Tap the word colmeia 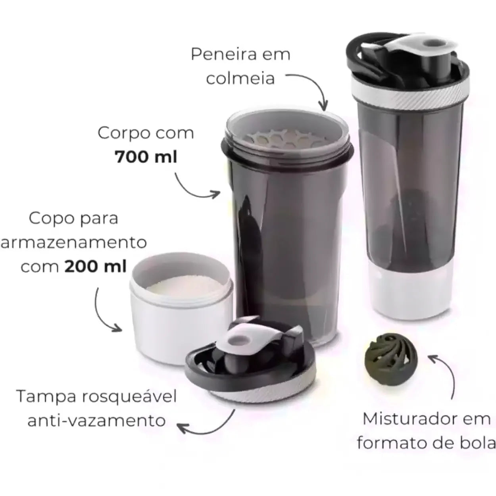240,78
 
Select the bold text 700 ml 146,157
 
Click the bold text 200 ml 96,266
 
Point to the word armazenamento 74,242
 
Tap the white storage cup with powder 181,309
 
